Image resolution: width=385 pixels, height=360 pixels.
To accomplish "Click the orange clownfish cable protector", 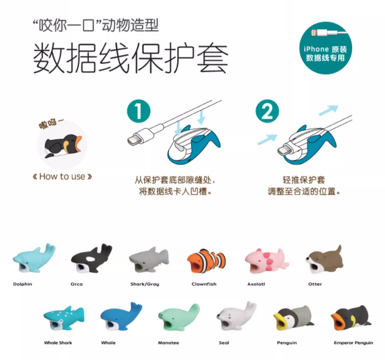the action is pos(206,261).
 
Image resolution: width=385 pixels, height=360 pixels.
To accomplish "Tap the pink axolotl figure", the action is pos(266,261).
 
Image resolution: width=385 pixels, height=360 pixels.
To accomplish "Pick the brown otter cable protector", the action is pos(324,259).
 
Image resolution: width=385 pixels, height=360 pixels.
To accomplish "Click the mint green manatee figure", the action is pos(179,317).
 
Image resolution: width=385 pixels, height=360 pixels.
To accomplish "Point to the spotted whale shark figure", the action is pos(64,318).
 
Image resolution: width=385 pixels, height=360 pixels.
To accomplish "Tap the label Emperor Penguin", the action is pos(353,342).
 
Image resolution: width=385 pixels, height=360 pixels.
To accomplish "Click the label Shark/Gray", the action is pos(144,284).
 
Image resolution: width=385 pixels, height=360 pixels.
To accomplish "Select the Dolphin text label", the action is pos(22,284).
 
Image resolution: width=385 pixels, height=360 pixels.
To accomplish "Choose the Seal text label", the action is pos(224,342).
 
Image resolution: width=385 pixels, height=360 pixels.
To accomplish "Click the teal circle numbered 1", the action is pos(138,111).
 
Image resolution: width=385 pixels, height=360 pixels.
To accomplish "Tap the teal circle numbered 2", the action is pos(267,111).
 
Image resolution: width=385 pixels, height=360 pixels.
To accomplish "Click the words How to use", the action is pos(62,177).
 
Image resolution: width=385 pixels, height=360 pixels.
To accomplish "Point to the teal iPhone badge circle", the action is pos(326,48).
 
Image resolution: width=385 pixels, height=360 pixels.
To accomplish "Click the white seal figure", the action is pos(236,316).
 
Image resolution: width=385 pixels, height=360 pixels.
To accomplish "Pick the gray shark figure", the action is pos(149,260).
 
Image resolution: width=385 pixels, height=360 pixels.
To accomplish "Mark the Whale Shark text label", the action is pos(58,342).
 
